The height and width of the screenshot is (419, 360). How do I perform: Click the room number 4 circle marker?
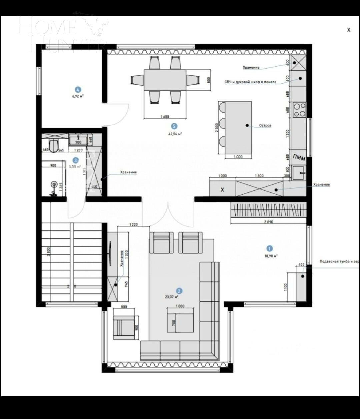click(x=78, y=89)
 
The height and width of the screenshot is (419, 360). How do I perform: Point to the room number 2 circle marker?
click(x=179, y=291)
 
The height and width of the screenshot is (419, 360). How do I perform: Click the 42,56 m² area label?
click(x=175, y=134)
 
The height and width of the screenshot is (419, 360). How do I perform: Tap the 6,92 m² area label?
click(x=78, y=96)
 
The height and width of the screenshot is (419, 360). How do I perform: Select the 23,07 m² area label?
click(x=172, y=296)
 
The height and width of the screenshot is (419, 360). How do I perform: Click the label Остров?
click(x=265, y=126)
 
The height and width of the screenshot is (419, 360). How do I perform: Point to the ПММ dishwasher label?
click(x=298, y=157)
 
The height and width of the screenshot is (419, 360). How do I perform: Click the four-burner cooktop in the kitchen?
click(x=299, y=110)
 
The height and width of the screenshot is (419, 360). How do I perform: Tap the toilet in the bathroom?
click(x=54, y=145)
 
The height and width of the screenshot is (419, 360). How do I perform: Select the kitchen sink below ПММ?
click(x=299, y=173)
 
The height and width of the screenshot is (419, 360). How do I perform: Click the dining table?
click(x=165, y=80)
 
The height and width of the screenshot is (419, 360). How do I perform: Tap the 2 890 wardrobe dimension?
click(x=268, y=222)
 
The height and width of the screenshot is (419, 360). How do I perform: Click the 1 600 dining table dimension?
click(x=165, y=117)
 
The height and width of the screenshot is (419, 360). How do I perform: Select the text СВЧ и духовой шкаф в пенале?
click(x=250, y=82)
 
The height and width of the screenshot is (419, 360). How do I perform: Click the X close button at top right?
click(x=349, y=30)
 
